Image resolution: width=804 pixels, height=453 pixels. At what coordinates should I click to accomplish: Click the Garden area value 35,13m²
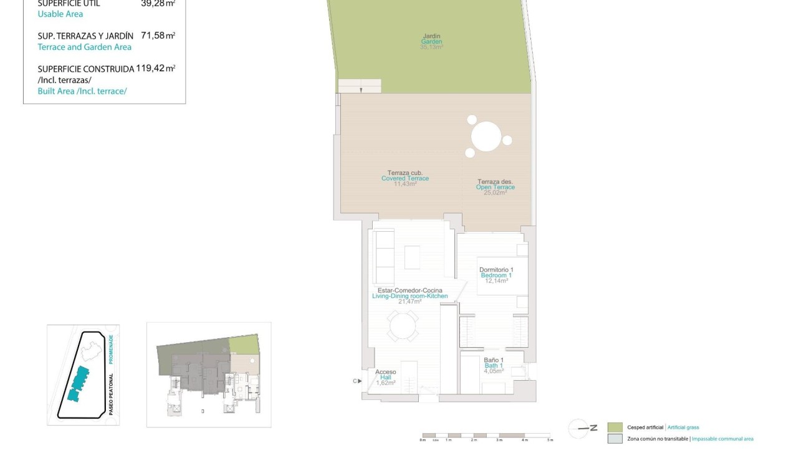[x=431, y=47]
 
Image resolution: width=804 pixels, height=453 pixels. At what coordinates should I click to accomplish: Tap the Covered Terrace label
[x=405, y=178]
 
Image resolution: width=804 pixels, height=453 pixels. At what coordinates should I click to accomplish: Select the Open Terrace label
[x=495, y=187]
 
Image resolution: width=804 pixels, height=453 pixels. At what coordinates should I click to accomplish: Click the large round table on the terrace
[x=486, y=136]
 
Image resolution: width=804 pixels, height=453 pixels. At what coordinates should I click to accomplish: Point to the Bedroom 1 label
[x=496, y=275]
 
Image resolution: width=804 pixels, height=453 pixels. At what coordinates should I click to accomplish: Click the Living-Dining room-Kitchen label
[x=409, y=296]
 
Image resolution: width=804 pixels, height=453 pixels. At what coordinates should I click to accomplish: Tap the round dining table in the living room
[x=403, y=326]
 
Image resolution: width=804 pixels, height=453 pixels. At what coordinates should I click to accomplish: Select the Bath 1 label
[x=494, y=366]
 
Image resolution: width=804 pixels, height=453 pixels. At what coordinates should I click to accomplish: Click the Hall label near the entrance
[x=385, y=377]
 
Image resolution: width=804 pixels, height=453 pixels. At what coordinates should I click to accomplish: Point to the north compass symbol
[x=579, y=428]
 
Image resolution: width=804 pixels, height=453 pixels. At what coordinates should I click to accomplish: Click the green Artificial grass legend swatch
[x=615, y=427]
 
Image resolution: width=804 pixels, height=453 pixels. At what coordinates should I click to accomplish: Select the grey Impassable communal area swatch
[x=615, y=439]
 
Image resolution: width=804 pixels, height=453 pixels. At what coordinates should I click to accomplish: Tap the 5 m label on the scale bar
[x=550, y=441]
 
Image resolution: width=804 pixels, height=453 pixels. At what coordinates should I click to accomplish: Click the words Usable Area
[x=60, y=14]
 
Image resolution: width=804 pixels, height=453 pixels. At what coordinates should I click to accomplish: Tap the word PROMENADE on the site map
[x=112, y=350]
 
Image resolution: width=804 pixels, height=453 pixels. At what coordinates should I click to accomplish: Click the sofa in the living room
[x=383, y=256]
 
